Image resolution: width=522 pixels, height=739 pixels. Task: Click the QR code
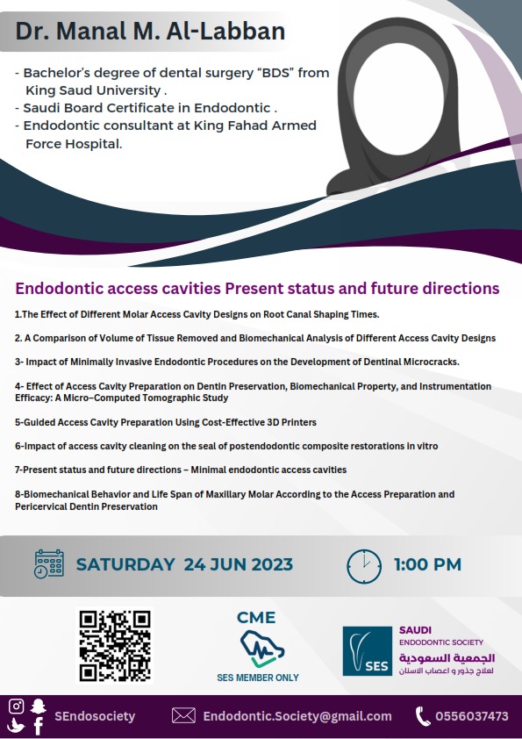tap(114, 645)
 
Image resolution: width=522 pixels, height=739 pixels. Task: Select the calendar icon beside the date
tap(49, 564)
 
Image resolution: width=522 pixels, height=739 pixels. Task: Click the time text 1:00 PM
tap(427, 564)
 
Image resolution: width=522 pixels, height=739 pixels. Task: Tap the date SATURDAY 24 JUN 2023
tap(184, 564)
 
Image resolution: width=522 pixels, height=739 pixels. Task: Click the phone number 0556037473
tap(471, 716)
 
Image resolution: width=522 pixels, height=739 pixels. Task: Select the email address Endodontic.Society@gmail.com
tap(297, 716)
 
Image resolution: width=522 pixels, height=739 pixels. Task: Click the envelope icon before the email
tap(183, 716)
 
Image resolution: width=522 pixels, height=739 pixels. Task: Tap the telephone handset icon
tap(422, 716)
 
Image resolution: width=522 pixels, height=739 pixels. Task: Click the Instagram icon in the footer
tap(16, 707)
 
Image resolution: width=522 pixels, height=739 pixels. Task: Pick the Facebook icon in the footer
tap(38, 727)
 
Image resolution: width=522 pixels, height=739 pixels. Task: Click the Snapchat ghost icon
tap(38, 706)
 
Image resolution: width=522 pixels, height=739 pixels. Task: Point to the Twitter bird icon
tap(16, 726)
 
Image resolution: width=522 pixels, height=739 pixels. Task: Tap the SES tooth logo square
tap(367, 651)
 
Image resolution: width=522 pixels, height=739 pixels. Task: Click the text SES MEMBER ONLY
tap(258, 678)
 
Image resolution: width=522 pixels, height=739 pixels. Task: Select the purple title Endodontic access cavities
tap(257, 288)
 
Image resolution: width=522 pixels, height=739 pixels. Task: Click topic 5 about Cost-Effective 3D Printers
tap(165, 423)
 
